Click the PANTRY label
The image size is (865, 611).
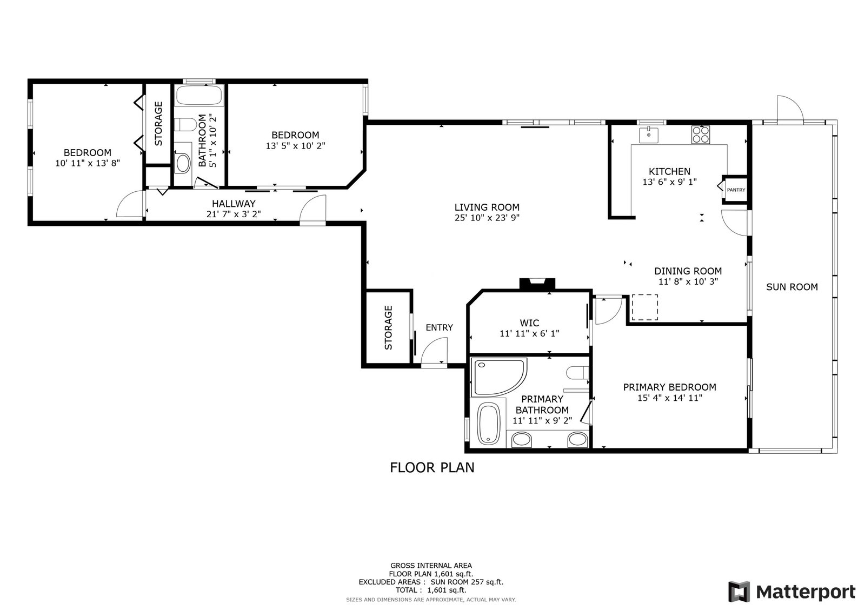[x=736, y=190]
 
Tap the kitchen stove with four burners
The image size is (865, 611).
[x=701, y=135]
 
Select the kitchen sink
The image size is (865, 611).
[x=649, y=135]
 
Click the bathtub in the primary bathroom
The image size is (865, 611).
[x=489, y=424]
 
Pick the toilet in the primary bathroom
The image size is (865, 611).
[x=578, y=373]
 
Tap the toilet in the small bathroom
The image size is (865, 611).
[x=185, y=125]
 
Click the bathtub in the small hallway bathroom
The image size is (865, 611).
[x=199, y=95]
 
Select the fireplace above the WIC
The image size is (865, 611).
[x=537, y=284]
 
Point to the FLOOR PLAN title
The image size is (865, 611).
[x=432, y=467]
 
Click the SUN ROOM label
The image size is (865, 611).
[x=792, y=287]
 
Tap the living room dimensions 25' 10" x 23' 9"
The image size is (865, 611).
[x=487, y=218]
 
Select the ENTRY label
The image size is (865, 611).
[x=439, y=327]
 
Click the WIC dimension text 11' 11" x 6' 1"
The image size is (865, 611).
[x=529, y=333]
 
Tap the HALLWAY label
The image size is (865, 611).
[x=234, y=204]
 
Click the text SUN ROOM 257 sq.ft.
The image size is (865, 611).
[x=467, y=582]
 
